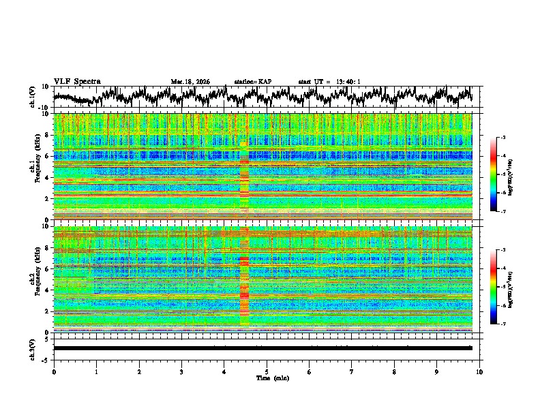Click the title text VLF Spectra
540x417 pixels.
(77, 82)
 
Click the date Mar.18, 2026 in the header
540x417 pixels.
(190, 82)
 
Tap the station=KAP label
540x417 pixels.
(252, 82)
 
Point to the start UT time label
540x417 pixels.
(329, 82)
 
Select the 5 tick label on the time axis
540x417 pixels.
(267, 371)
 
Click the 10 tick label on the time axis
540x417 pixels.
(479, 371)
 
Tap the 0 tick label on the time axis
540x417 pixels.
(54, 371)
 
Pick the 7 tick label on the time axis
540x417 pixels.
(352, 371)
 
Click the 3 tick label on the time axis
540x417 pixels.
(181, 371)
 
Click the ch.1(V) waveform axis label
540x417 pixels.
(33, 97)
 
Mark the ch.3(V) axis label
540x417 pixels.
(33, 348)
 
